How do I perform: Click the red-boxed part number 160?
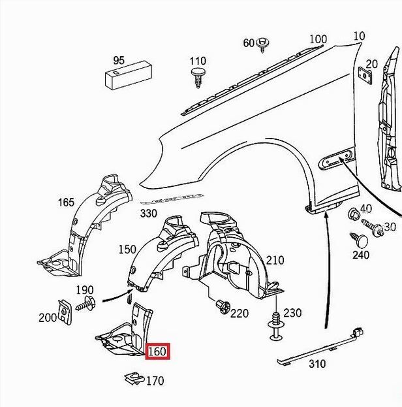click(x=158, y=352)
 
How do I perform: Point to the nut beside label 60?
click(x=263, y=44)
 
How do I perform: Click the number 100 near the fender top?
click(x=317, y=39)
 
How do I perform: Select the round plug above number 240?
click(x=359, y=239)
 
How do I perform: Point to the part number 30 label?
click(x=390, y=227)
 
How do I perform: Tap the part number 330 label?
click(x=148, y=214)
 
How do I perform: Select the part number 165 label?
click(x=66, y=202)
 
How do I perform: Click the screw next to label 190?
click(x=87, y=303)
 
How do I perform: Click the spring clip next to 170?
click(x=134, y=378)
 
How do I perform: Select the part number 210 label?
click(x=275, y=260)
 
